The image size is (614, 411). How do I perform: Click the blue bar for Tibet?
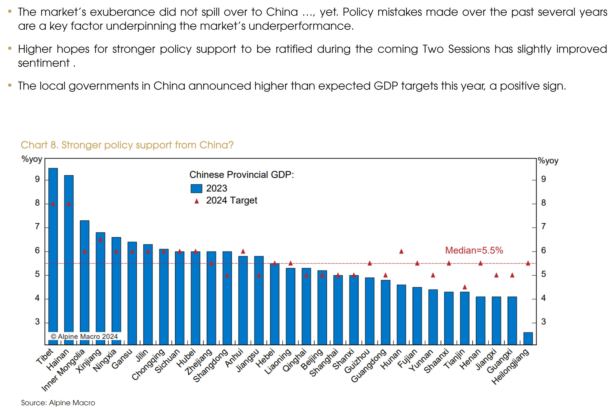tap(53, 249)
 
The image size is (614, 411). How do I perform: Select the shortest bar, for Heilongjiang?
tap(528, 338)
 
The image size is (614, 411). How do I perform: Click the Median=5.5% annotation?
tap(474, 250)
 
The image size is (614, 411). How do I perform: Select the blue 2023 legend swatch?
tap(196, 188)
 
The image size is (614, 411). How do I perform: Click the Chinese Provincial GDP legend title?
tap(241, 175)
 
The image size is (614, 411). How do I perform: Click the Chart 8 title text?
tap(127, 145)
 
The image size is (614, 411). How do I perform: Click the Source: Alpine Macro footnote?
tap(58, 403)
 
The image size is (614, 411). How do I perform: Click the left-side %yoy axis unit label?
tap(32, 159)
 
